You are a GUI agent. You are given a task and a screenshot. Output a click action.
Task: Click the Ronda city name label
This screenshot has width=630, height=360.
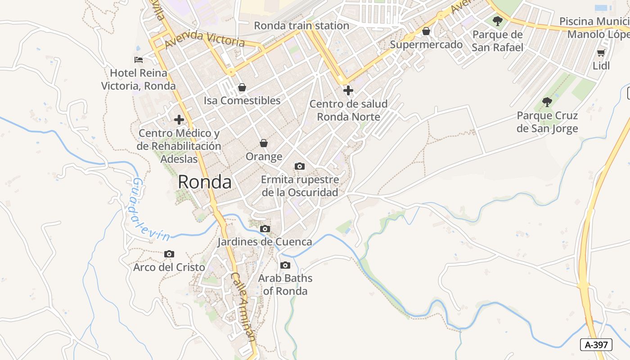(x=205, y=182)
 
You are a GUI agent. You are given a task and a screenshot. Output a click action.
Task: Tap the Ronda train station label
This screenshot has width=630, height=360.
(x=301, y=26)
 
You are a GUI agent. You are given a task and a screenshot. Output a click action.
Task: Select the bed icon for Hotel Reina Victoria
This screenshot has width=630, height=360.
(x=139, y=59)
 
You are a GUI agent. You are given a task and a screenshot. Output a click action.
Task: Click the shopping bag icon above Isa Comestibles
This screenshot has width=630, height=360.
(x=242, y=87)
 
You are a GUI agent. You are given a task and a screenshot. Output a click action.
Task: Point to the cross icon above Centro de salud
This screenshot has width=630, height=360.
(x=348, y=90)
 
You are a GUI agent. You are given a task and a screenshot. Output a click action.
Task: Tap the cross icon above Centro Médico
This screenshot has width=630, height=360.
(x=179, y=120)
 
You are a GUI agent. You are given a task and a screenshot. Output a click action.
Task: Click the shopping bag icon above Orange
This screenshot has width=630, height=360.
(x=264, y=144)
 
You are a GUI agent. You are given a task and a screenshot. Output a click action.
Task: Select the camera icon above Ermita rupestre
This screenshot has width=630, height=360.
(x=300, y=166)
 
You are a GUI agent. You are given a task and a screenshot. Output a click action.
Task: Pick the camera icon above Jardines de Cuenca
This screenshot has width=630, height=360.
(x=265, y=229)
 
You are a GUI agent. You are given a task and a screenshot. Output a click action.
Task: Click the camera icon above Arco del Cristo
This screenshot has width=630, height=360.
(x=169, y=254)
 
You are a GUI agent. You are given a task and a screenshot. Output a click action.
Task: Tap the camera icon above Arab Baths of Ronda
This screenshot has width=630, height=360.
(x=285, y=265)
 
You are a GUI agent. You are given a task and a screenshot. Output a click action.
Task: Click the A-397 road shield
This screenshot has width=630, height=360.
(x=597, y=345)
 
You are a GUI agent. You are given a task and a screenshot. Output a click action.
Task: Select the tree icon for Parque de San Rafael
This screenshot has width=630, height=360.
(x=498, y=21)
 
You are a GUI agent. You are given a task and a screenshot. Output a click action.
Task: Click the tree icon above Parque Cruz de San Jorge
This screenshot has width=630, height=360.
(x=547, y=102)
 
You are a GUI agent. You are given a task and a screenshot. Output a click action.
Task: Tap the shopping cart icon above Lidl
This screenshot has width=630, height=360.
(x=601, y=53)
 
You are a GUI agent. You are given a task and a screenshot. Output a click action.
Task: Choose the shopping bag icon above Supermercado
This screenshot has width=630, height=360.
(x=426, y=31)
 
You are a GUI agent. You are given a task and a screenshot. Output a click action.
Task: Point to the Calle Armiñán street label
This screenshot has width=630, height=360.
(x=243, y=306)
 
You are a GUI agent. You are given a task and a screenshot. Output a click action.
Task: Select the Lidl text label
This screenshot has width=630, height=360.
(x=601, y=66)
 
